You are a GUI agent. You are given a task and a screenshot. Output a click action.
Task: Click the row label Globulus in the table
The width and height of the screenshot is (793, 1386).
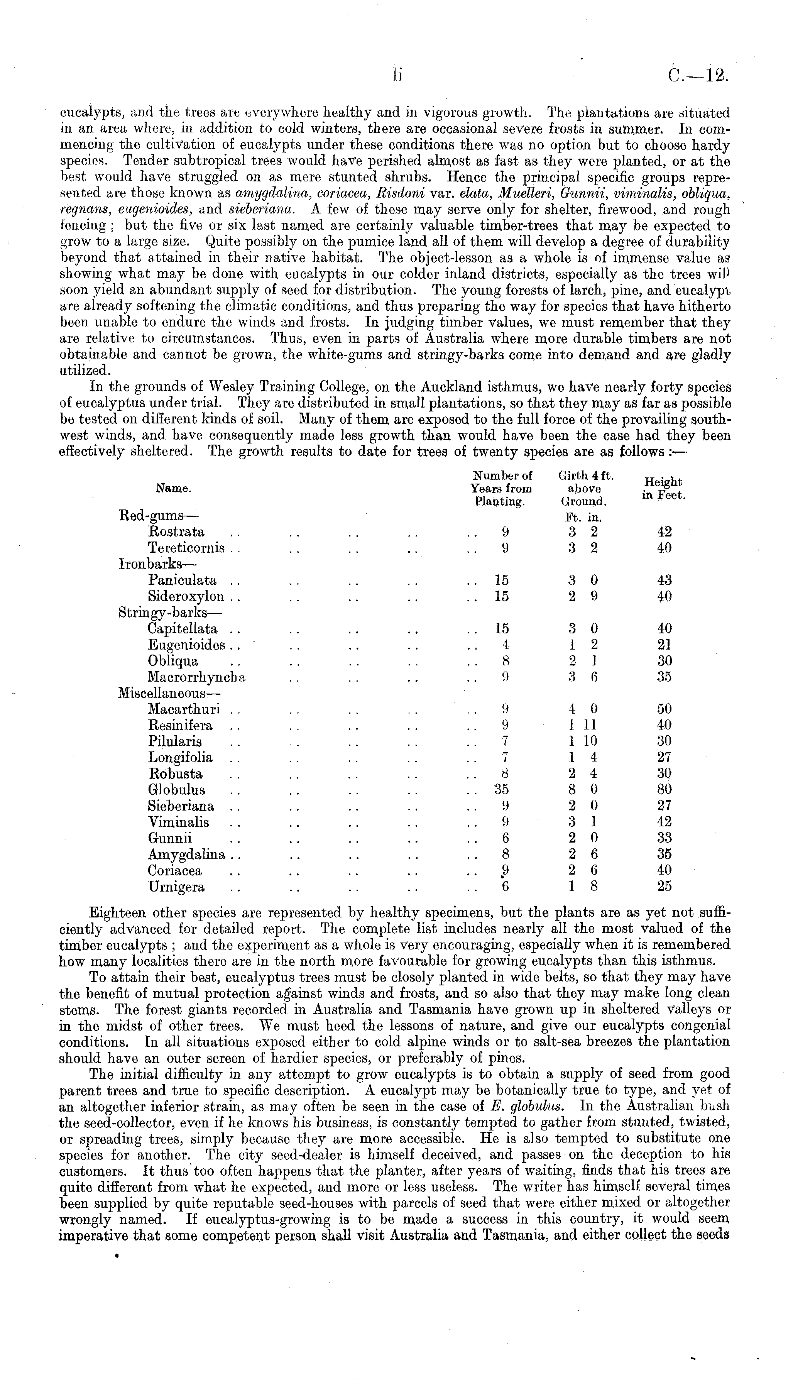(x=176, y=790)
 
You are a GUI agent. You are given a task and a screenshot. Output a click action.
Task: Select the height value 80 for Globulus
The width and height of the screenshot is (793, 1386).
(x=664, y=790)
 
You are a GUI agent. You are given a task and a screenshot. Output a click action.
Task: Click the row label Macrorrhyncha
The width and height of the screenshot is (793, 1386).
(x=197, y=677)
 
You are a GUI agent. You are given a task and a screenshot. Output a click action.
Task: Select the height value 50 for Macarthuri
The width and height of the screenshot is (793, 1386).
(x=664, y=709)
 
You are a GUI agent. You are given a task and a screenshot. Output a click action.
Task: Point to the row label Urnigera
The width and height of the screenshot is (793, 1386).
(x=176, y=887)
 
